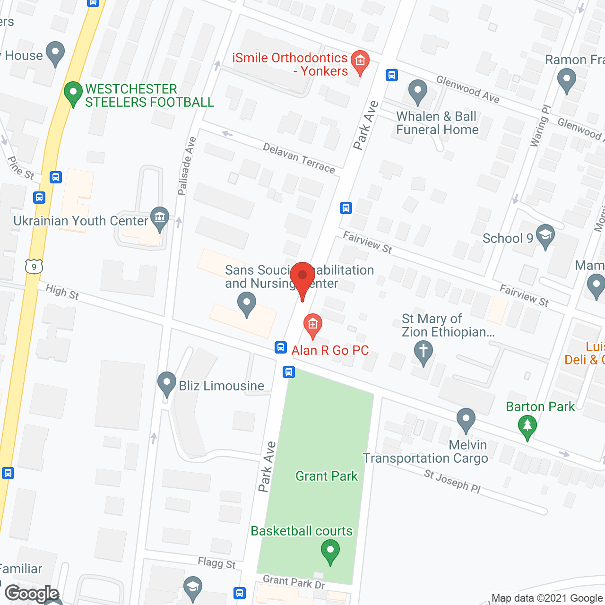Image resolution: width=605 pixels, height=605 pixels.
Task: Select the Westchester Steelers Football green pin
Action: click(x=73, y=92)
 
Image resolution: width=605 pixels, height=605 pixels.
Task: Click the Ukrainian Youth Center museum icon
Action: click(x=160, y=218)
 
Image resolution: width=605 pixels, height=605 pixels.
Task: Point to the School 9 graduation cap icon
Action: click(x=545, y=235)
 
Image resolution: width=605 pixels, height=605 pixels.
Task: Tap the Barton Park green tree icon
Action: click(x=527, y=426)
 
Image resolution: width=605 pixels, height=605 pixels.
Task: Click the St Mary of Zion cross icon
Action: click(x=423, y=351)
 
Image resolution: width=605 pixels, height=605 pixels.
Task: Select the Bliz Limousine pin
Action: click(x=166, y=383)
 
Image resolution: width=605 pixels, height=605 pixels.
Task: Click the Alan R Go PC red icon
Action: click(x=312, y=325)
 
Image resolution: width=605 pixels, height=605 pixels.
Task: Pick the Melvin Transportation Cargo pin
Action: click(x=466, y=419)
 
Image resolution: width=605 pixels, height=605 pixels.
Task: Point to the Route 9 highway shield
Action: click(x=34, y=267)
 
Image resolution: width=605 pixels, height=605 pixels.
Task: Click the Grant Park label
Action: click(x=327, y=476)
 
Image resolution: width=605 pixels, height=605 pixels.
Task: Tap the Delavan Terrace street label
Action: click(x=299, y=158)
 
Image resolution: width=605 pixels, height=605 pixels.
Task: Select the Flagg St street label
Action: click(x=216, y=563)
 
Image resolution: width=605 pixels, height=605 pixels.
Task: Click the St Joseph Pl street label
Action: click(x=452, y=481)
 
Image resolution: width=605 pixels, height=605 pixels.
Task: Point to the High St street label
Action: click(x=62, y=292)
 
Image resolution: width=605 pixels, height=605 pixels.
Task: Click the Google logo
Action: click(x=32, y=594)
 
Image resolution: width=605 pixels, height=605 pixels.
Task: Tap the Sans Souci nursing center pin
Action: click(x=246, y=303)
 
